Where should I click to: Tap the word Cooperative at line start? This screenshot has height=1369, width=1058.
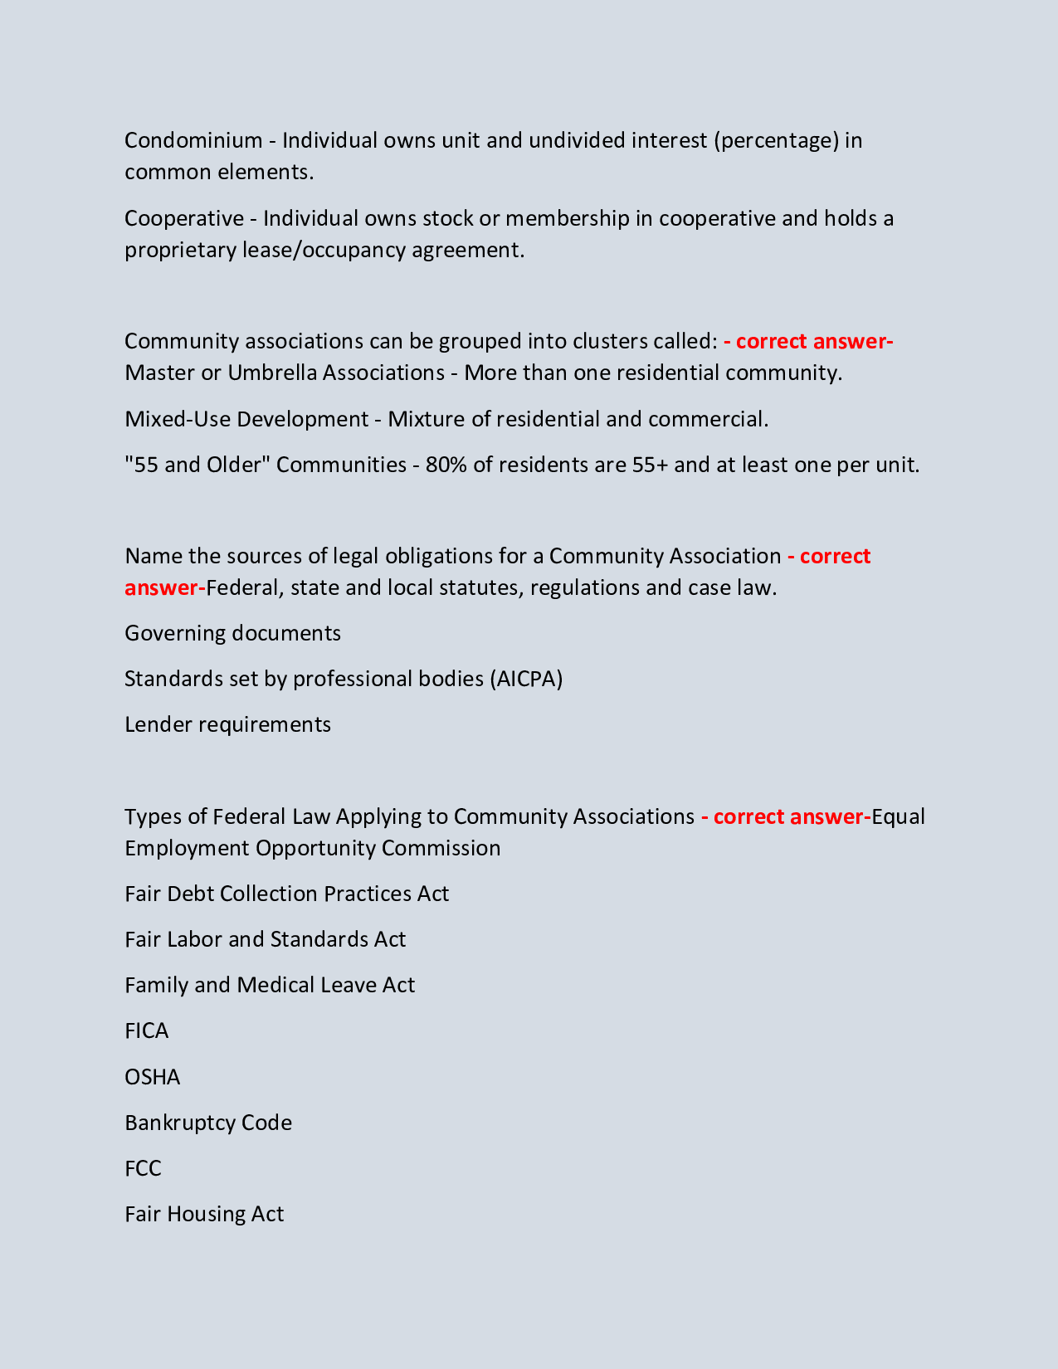point(184,218)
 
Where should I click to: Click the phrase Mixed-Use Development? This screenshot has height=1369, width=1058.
point(246,419)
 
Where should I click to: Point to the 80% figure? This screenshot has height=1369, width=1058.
point(446,465)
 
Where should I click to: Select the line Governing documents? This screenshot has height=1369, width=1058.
point(232,633)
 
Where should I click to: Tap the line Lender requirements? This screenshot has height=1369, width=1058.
point(227,724)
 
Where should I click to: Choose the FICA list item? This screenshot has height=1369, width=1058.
point(147,1030)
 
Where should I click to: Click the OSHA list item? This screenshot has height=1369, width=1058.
point(152,1077)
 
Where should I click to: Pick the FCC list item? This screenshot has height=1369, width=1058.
point(143,1168)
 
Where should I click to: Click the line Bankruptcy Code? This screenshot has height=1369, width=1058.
point(208,1123)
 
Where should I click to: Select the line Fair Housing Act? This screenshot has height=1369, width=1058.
point(204,1214)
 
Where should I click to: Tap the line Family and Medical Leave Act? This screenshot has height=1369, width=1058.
point(270,985)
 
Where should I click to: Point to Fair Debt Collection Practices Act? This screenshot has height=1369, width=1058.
point(286,894)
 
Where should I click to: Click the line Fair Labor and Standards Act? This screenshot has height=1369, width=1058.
point(265,939)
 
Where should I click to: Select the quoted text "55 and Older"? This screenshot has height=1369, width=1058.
point(197,465)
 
